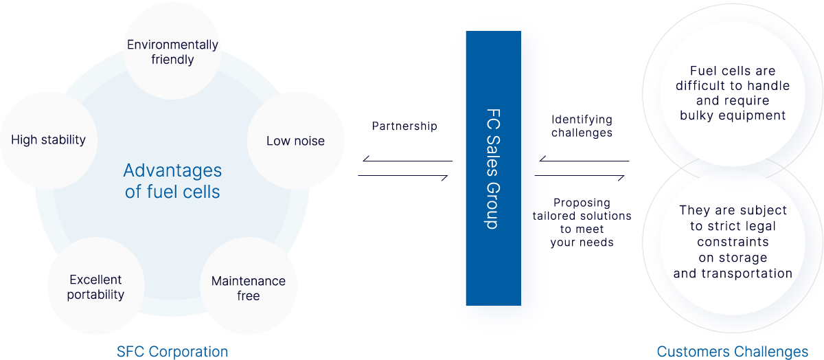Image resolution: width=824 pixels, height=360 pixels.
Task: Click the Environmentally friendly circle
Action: click(172, 52)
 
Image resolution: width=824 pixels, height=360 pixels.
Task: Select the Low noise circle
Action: click(295, 141)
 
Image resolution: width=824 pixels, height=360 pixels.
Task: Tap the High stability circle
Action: click(48, 139)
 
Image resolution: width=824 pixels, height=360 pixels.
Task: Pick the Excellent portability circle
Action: click(96, 287)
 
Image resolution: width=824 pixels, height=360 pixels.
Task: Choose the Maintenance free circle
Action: click(248, 289)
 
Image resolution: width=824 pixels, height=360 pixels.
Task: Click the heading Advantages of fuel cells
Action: click(172, 181)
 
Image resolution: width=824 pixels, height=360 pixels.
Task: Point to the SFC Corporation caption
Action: click(172, 352)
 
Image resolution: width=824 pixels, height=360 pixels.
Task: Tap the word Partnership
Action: click(404, 126)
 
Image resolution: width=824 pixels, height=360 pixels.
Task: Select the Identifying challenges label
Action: click(582, 126)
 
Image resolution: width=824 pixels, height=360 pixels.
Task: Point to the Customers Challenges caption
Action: click(733, 352)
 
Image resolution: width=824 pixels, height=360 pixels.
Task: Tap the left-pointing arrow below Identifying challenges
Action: click(584, 161)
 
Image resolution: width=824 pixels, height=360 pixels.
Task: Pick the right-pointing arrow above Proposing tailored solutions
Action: click(580, 177)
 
